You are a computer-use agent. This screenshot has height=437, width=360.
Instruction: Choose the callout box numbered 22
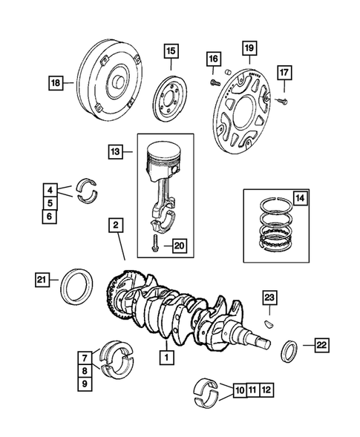pos(321,344)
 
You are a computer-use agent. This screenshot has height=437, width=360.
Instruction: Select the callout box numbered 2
pos(116,223)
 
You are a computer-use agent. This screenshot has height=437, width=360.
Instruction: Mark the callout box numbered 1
pos(167,356)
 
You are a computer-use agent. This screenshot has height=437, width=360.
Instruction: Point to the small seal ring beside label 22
pos(290,350)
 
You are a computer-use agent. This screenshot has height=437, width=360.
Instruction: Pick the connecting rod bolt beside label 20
pos(155,242)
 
